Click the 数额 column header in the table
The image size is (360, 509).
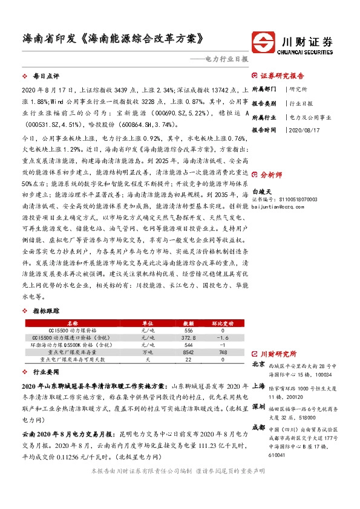188,323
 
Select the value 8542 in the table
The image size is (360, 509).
188,351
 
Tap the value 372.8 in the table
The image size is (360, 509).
188,338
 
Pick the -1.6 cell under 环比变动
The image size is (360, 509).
223,338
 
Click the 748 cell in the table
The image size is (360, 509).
223,351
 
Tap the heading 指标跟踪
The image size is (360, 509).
46,311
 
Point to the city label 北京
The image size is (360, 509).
258,365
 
